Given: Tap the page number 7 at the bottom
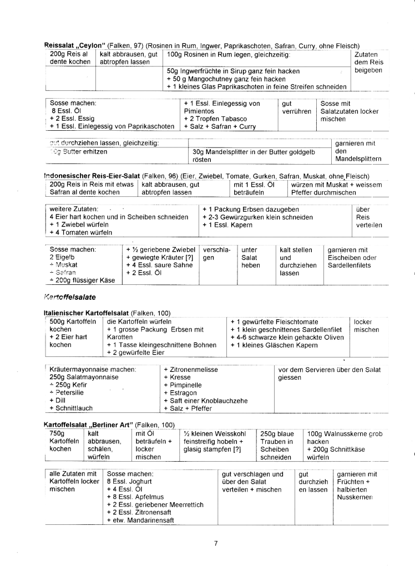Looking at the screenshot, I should (216, 543).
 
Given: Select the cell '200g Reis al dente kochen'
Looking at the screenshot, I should (69, 58).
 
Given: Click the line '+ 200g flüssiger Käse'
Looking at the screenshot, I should (82, 280).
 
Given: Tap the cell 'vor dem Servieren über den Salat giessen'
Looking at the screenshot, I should (330, 373).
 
